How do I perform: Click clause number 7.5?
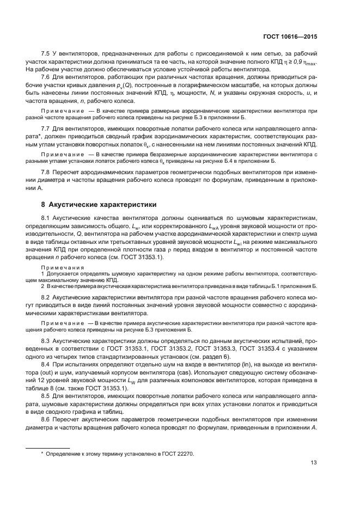(47, 55)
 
